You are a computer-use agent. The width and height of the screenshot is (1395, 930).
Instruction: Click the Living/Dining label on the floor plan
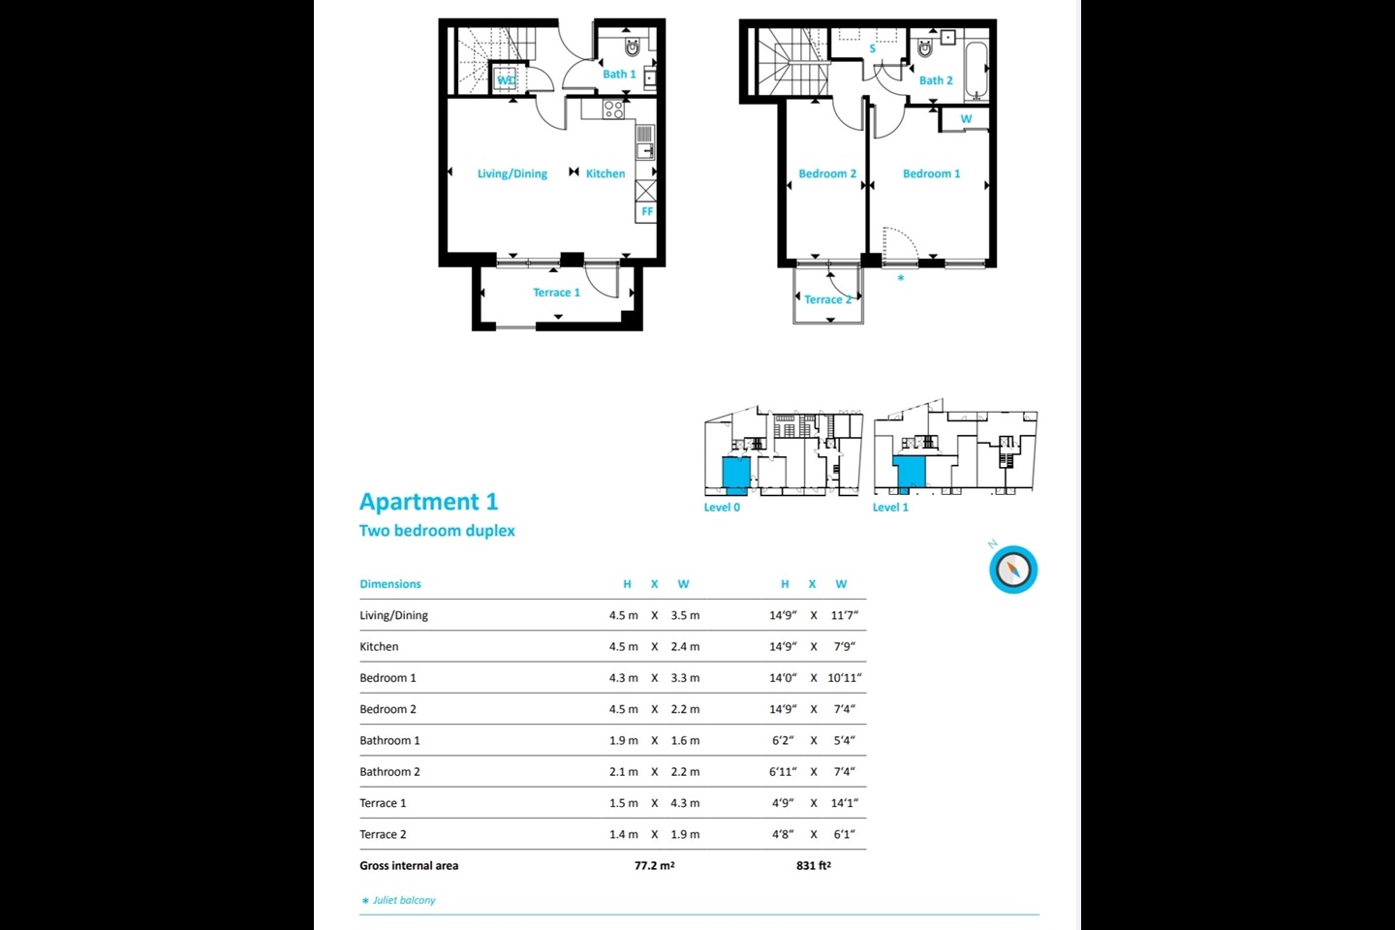point(511,174)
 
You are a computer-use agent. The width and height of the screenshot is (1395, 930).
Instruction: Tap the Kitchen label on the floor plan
point(605,174)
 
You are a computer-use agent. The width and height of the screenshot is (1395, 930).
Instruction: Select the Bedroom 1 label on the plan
point(931,174)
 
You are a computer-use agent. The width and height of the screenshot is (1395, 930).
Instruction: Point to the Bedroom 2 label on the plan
point(826,174)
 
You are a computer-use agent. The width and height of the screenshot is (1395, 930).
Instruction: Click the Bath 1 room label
point(619,75)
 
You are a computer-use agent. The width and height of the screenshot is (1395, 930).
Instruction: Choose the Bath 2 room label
point(936,81)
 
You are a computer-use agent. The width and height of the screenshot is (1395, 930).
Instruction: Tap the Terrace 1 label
point(556,293)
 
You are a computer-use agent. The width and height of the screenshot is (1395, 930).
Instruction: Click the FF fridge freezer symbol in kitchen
point(646,211)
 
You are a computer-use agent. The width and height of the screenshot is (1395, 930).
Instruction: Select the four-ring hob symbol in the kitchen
point(613,109)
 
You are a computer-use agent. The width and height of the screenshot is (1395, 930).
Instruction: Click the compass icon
point(1013,570)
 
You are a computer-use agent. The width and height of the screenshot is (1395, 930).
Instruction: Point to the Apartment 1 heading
point(428,502)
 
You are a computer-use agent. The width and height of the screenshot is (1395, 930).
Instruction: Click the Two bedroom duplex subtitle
point(437,531)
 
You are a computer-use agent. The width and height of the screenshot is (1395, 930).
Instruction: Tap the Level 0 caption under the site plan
point(722,508)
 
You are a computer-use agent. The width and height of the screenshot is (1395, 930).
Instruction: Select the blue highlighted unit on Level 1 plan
point(909,473)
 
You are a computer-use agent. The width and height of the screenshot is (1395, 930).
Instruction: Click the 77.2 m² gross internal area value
point(654,866)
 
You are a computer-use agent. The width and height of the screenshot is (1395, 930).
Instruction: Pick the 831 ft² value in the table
point(813,866)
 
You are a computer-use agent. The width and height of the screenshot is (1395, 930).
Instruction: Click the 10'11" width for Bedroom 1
point(844,678)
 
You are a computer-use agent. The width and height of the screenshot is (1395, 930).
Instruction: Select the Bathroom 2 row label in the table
point(389,772)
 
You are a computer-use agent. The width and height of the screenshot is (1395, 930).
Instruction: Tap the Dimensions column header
point(390,584)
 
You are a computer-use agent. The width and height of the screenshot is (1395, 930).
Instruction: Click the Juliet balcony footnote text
point(404,901)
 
